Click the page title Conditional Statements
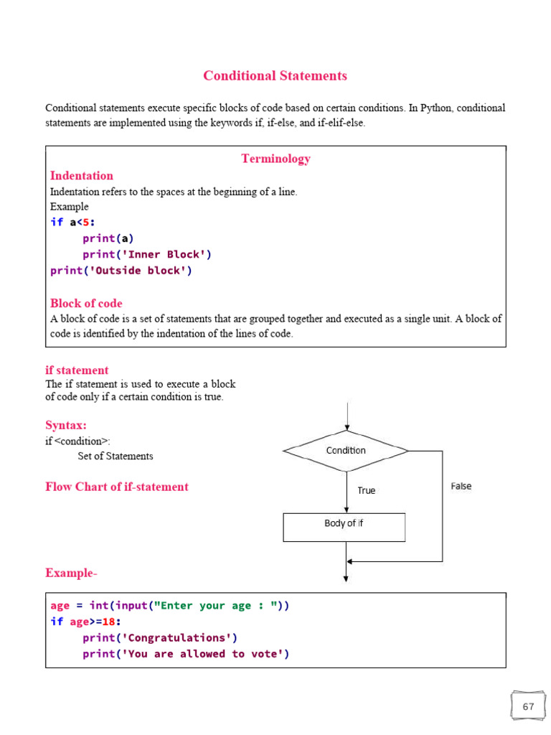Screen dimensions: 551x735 point(275,76)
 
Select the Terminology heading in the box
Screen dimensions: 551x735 point(276,159)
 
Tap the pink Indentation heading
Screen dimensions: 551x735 point(82,176)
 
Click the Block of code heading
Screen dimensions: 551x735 point(86,304)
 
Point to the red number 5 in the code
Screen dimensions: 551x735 point(86,223)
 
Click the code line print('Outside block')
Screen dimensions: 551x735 point(121,271)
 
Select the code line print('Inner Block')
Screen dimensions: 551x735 point(147,255)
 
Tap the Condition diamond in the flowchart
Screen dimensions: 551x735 point(346,451)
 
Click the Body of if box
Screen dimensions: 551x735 point(344,528)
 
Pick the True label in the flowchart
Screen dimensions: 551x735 point(367,490)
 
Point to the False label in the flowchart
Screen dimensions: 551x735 point(461,486)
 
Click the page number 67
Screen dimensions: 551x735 point(529,706)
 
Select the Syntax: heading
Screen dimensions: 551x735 point(66,425)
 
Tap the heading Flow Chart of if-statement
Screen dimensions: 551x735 point(117,487)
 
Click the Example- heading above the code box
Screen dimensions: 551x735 point(71,573)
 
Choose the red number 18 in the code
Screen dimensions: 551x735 point(109,622)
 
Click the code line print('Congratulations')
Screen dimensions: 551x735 point(160,638)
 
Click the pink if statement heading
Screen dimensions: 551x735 point(77,370)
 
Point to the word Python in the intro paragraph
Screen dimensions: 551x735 point(436,108)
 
